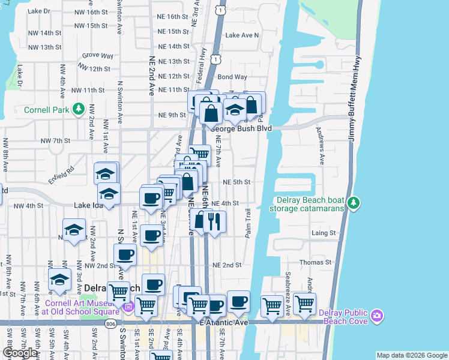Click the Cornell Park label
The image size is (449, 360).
(46, 110)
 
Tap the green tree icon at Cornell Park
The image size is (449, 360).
(77, 109)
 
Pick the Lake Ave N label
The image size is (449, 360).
(242, 35)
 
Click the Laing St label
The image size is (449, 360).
(323, 233)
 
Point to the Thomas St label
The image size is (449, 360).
(316, 262)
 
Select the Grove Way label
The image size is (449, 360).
(98, 56)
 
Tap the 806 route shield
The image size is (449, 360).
(110, 324)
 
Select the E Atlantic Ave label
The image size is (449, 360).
(225, 322)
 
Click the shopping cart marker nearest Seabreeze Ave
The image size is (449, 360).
(304, 305)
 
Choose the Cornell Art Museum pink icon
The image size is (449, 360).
(127, 308)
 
